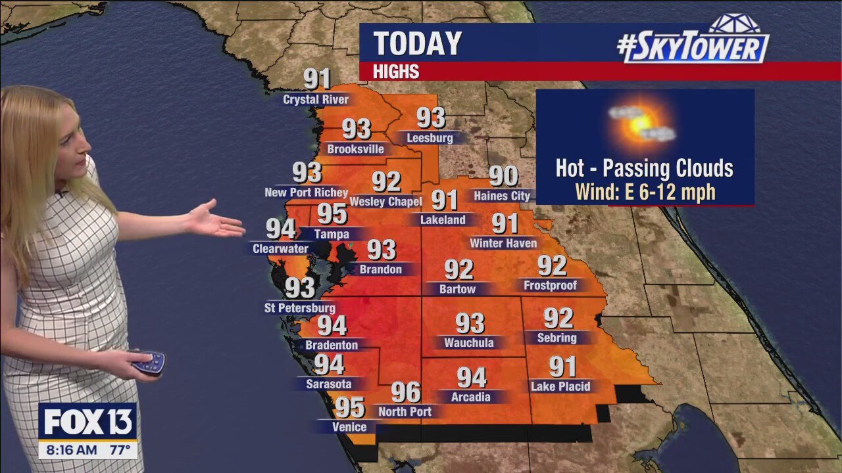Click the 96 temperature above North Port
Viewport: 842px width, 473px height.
click(x=405, y=392)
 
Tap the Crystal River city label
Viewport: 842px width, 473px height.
click(x=316, y=100)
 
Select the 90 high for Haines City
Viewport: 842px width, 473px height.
click(x=503, y=176)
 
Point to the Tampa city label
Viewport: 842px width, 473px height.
click(x=332, y=234)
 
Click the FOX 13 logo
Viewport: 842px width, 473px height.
click(x=87, y=422)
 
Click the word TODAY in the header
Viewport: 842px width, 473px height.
click(x=418, y=44)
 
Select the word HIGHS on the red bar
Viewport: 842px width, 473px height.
click(x=396, y=72)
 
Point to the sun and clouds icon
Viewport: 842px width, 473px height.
click(x=641, y=123)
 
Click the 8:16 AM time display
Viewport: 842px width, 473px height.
click(x=68, y=451)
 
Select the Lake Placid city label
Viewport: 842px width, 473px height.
click(x=560, y=386)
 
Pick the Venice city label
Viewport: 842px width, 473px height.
click(x=349, y=427)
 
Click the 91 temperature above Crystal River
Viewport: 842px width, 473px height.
click(x=317, y=79)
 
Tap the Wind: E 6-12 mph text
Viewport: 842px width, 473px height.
click(x=645, y=192)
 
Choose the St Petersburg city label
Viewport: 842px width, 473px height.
click(x=300, y=307)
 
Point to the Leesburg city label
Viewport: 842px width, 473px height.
click(x=430, y=138)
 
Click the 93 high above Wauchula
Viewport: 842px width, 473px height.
click(x=470, y=323)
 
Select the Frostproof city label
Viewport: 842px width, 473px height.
click(x=550, y=285)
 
